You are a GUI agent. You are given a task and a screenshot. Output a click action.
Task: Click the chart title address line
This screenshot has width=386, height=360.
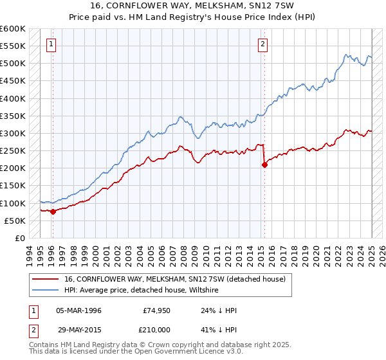pos(192,7)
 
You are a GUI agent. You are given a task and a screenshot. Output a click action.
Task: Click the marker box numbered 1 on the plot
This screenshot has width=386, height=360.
pos(51,44)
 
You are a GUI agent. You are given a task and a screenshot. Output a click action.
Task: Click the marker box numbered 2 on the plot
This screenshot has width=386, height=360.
pos(263,44)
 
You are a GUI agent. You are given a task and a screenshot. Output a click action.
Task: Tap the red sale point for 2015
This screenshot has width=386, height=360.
pos(264,165)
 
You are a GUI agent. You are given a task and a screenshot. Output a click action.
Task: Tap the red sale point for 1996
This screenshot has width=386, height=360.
pos(53,212)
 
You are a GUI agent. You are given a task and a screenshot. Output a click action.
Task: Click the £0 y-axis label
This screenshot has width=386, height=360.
pos(19,238)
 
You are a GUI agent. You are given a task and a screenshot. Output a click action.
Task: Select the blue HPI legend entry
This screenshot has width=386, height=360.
pos(142,291)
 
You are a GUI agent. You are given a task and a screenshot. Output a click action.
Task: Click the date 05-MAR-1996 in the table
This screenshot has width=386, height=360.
pos(78,310)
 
